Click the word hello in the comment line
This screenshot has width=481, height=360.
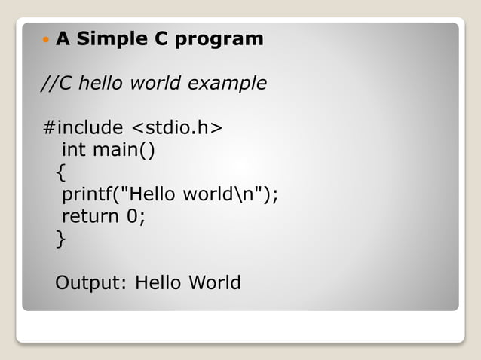pos(102,83)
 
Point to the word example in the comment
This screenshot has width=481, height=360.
pos(227,83)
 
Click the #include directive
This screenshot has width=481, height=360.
pos(82,127)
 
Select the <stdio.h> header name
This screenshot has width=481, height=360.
pos(177,127)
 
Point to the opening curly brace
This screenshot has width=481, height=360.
pos(60,173)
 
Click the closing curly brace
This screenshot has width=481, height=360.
pos(60,239)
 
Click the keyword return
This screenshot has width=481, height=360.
pos(90,217)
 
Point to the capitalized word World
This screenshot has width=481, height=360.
pos(214,283)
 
